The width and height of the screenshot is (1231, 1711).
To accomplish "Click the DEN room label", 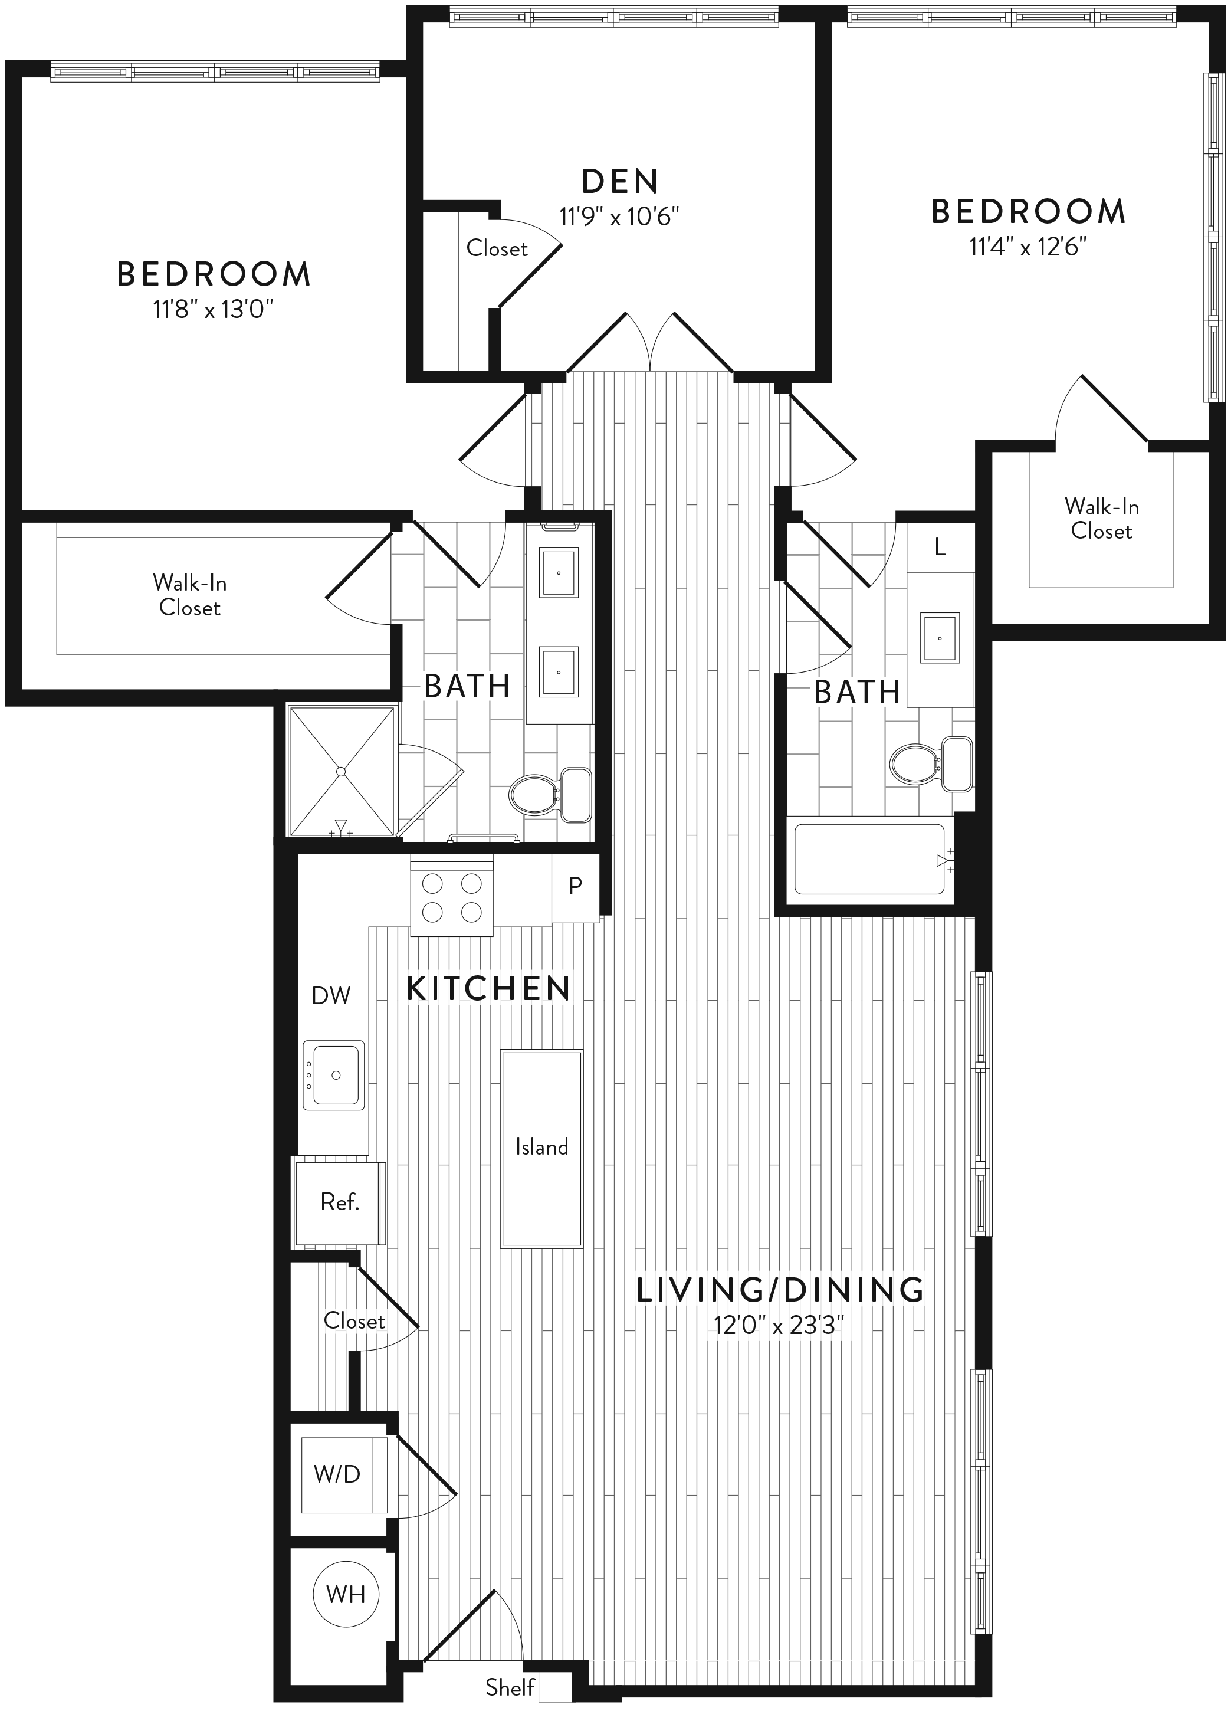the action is (621, 182).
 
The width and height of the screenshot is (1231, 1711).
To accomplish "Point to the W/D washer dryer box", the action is (344, 1473).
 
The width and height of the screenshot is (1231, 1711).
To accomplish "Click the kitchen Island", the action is (541, 1148).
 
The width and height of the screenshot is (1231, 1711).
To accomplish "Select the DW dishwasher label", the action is (331, 996).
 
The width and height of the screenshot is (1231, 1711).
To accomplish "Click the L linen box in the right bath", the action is (940, 547).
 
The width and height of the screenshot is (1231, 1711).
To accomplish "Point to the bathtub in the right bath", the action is (869, 859).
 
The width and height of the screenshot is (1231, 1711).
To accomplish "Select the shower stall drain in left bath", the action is (341, 771).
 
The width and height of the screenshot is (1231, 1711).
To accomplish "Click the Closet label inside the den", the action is (496, 248).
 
